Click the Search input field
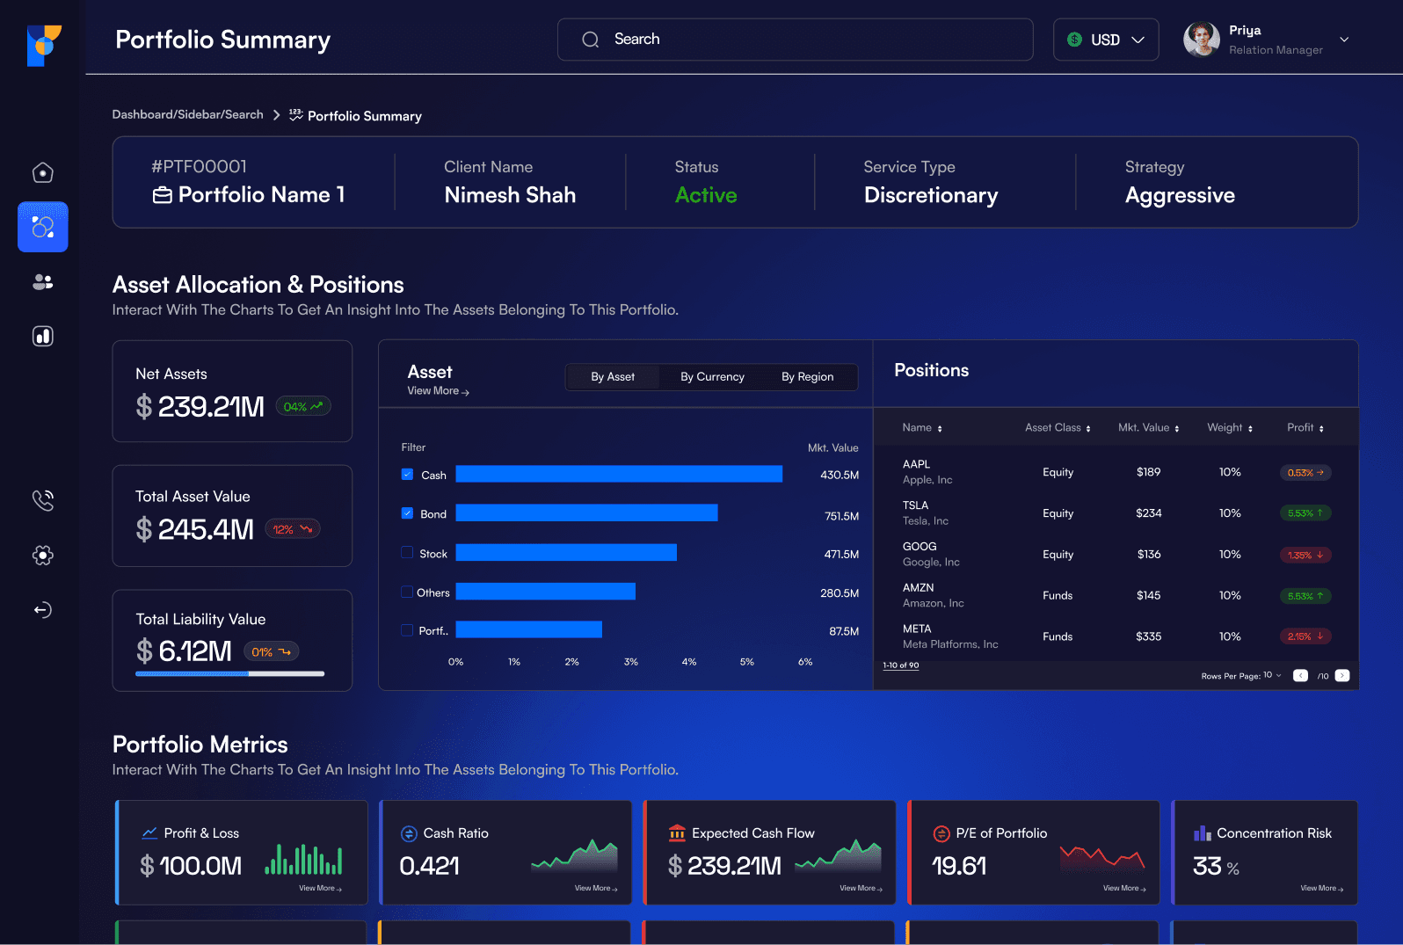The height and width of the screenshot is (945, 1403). (x=795, y=40)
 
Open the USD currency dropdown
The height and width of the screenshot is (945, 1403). (x=1106, y=40)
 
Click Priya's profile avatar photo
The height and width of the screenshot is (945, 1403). (x=1201, y=39)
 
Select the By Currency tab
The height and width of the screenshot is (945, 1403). (x=712, y=377)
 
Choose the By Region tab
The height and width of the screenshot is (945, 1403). (x=807, y=377)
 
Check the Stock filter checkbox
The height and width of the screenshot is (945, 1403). (x=407, y=552)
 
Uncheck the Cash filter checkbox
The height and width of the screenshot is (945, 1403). (x=407, y=474)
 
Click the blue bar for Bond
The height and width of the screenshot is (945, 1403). (x=586, y=512)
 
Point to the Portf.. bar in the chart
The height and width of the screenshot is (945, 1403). (x=528, y=629)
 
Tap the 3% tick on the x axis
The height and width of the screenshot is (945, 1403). (x=630, y=662)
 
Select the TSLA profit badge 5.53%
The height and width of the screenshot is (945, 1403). (x=1305, y=512)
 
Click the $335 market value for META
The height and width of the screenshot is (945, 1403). (x=1149, y=636)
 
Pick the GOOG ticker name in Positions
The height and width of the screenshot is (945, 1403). (x=920, y=546)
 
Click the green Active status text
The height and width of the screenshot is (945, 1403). (x=706, y=195)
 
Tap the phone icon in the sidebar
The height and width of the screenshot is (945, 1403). (x=42, y=499)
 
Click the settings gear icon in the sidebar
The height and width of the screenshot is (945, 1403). (x=42, y=555)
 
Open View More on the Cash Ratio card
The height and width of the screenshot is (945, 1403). (x=596, y=888)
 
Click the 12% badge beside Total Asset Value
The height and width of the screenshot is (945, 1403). (x=293, y=529)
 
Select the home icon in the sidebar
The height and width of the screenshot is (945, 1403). (x=42, y=172)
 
